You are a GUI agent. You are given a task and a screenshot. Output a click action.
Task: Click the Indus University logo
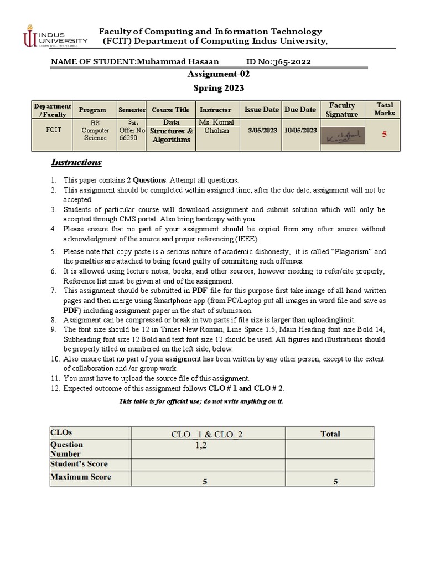click(55, 36)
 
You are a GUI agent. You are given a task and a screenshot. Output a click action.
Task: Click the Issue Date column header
click(261, 110)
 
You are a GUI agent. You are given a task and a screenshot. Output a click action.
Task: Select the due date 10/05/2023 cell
click(300, 130)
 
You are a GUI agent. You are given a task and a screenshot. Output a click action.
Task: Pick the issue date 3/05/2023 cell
click(262, 130)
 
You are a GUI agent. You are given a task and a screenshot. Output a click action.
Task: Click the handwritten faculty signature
click(341, 136)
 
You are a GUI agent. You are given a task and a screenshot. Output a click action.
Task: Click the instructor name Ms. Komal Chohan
click(216, 127)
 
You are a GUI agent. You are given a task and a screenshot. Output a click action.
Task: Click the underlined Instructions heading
click(76, 162)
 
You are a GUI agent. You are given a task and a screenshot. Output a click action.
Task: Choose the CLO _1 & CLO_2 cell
click(208, 434)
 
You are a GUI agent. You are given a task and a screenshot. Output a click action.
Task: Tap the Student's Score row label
click(79, 463)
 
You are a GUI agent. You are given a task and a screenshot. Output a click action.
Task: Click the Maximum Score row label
click(81, 477)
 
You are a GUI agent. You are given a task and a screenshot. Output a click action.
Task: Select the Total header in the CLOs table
click(330, 434)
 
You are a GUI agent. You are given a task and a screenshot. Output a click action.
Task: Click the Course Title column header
click(170, 110)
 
